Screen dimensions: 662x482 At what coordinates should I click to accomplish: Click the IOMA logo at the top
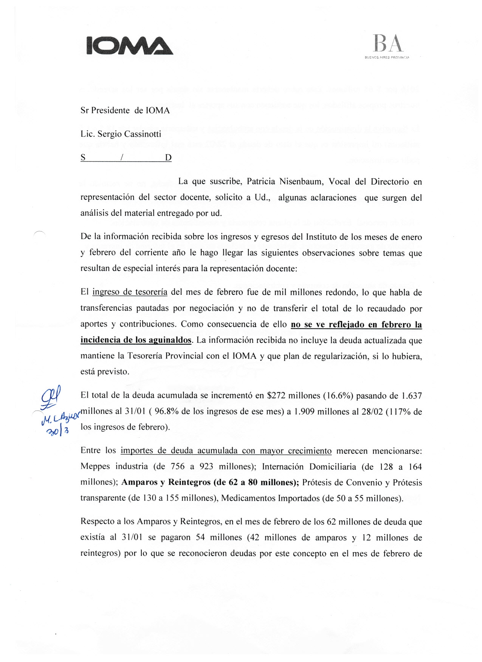click(x=130, y=46)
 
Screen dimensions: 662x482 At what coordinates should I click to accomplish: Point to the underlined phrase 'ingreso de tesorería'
click(x=130, y=292)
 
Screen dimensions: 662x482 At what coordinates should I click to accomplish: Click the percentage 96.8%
click(x=167, y=412)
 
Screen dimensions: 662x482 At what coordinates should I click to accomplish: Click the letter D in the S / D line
click(x=168, y=158)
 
